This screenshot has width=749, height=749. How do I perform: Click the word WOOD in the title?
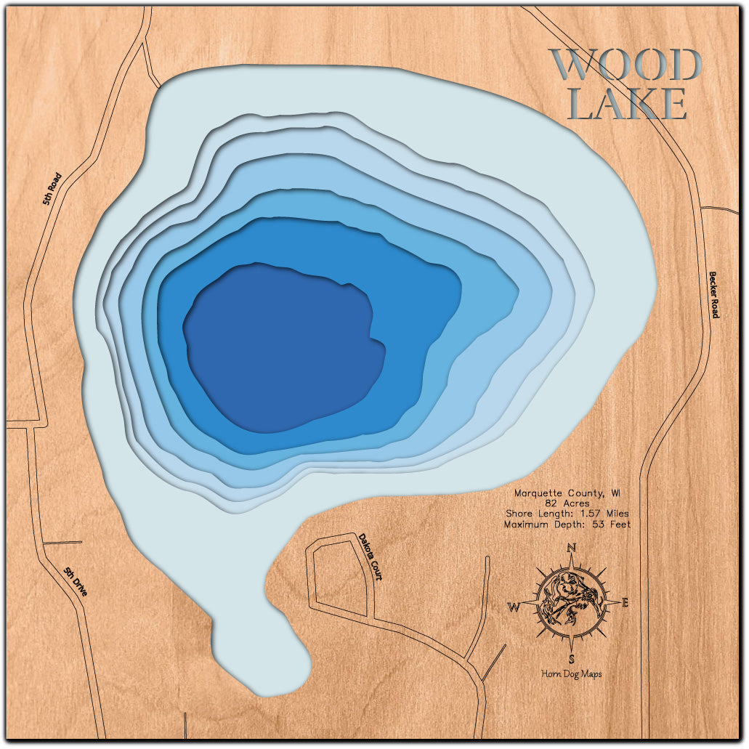tap(625, 65)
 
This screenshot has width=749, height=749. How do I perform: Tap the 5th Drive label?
tap(76, 582)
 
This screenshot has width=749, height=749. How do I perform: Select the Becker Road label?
tap(713, 294)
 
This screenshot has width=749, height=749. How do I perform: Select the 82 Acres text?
tap(568, 503)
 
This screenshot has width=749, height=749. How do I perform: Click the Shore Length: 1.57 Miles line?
tap(568, 513)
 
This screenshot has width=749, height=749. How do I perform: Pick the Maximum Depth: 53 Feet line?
tap(568, 524)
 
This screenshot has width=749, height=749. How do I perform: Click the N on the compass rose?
tap(572, 548)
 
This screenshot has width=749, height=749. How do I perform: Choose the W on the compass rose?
tap(513, 606)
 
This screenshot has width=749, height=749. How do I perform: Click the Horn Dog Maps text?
tap(572, 674)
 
